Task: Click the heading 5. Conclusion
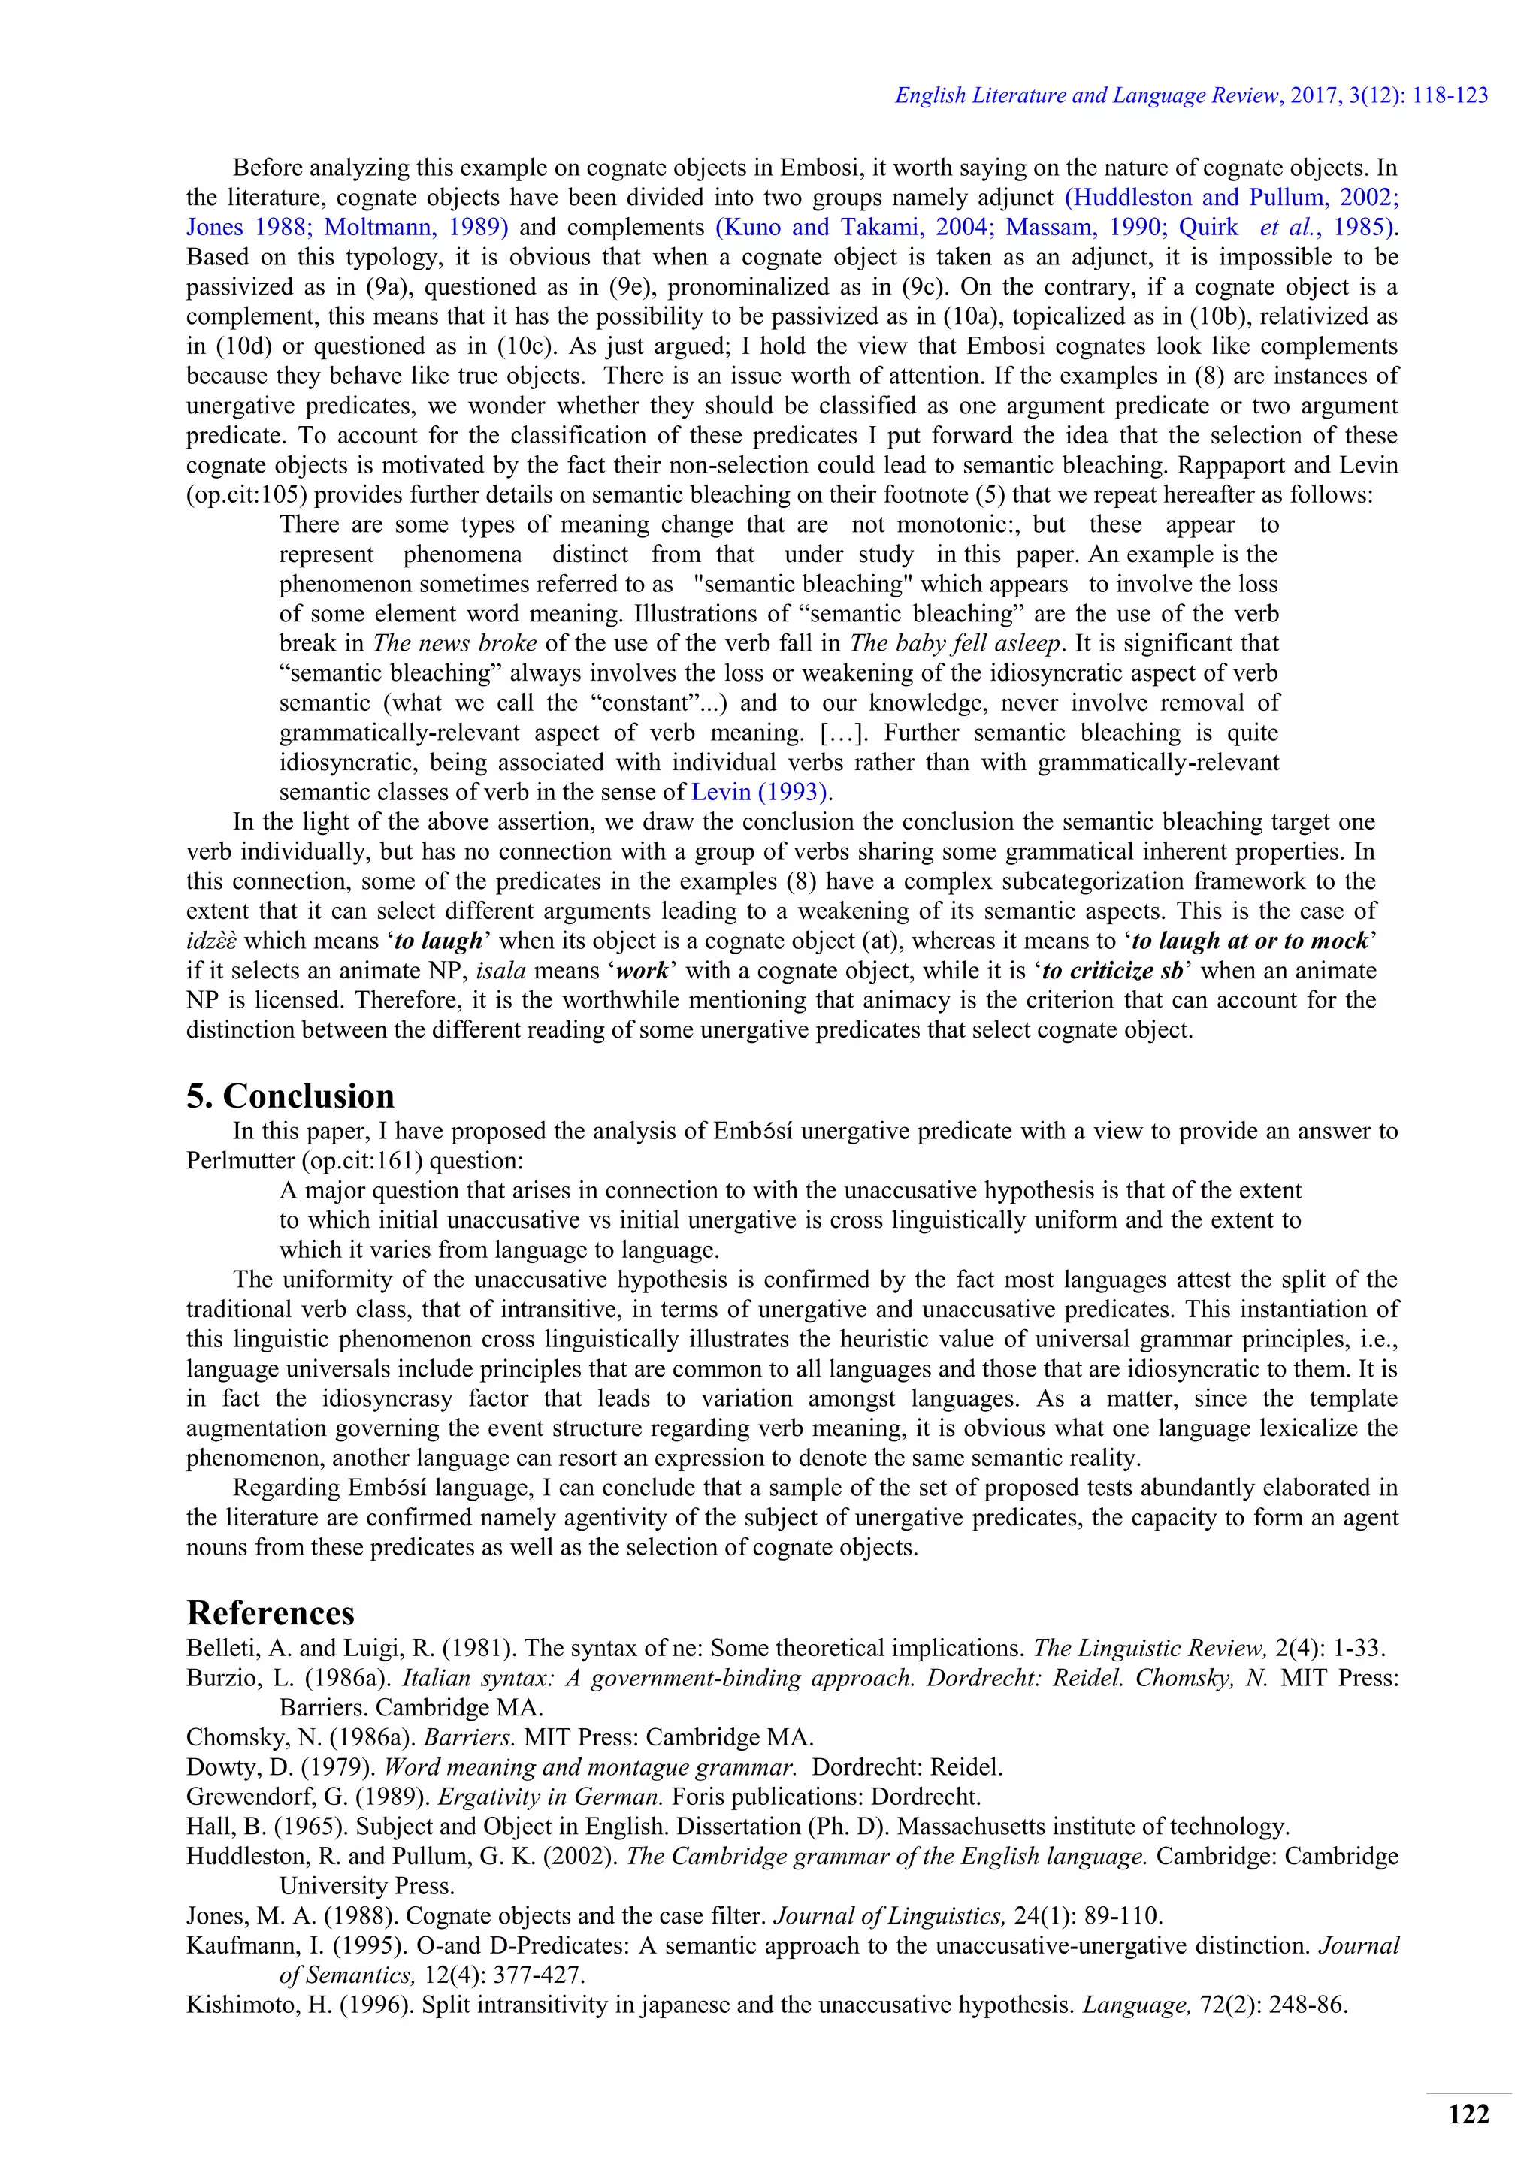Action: tap(290, 1096)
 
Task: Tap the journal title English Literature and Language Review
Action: tap(1087, 95)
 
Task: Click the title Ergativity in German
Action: tap(549, 1797)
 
